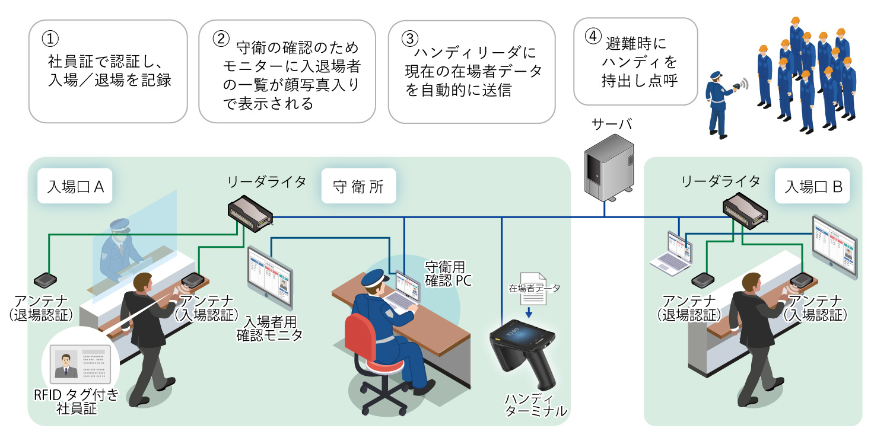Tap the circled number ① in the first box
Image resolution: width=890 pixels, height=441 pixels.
pyautogui.click(x=50, y=38)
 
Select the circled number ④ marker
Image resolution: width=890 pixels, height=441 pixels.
pyautogui.click(x=592, y=36)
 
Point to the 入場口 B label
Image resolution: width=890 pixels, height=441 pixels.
pyautogui.click(x=813, y=187)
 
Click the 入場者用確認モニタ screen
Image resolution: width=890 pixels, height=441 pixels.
pyautogui.click(x=270, y=277)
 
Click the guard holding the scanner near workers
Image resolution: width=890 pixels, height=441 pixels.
pyautogui.click(x=719, y=104)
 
